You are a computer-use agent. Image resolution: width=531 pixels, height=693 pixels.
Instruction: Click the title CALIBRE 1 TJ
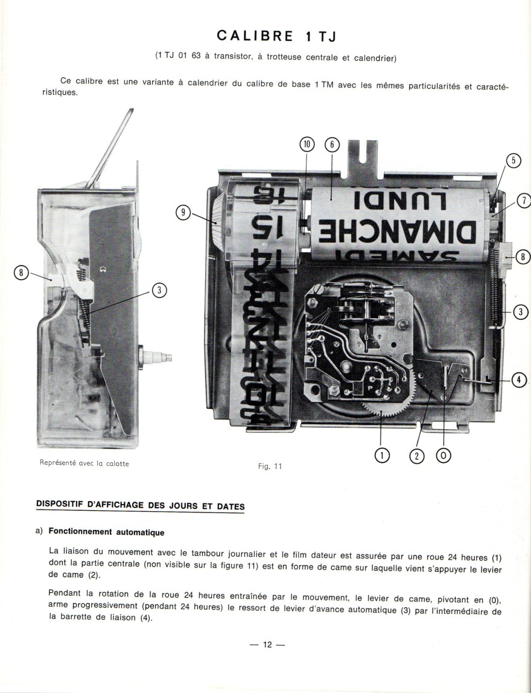(276, 36)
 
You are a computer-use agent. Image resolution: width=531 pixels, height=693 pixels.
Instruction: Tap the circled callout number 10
(308, 144)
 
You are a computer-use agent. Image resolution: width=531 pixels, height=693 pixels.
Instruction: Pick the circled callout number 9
(183, 212)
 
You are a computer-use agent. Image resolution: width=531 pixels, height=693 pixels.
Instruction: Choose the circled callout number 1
(382, 455)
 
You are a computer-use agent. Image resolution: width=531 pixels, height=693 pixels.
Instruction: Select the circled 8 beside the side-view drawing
(21, 273)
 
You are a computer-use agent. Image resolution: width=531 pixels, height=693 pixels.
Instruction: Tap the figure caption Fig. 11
(270, 466)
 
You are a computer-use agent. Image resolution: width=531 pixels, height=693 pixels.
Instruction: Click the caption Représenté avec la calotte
(83, 464)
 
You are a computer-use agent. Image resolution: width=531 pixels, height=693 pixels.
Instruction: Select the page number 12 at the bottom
(267, 645)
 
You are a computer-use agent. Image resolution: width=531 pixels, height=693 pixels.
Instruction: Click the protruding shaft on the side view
(159, 357)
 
